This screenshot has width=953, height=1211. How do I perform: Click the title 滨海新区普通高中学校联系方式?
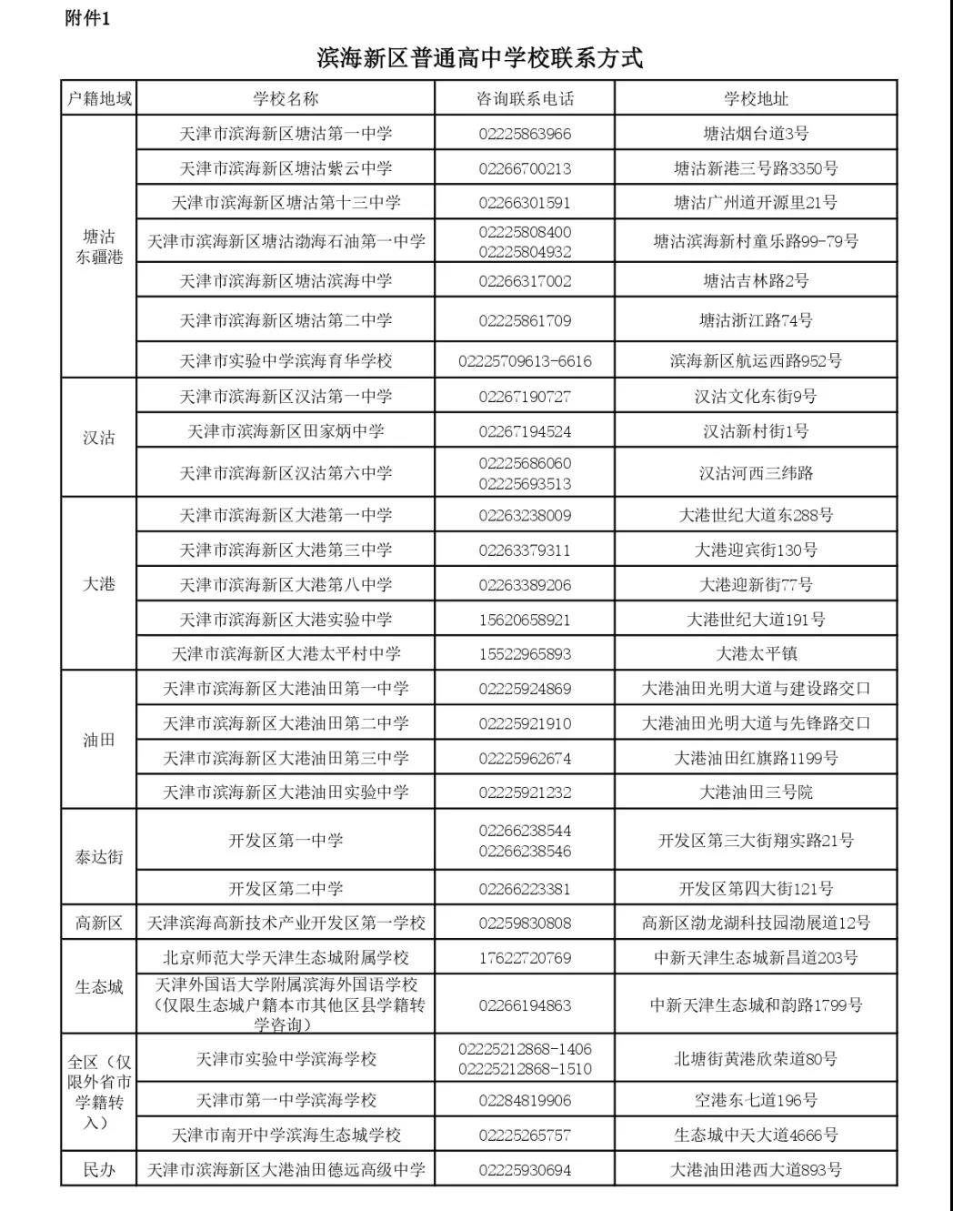[x=479, y=58]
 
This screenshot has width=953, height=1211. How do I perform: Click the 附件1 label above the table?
[x=87, y=18]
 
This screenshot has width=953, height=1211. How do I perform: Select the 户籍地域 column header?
[x=99, y=98]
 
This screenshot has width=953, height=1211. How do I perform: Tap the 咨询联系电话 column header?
[x=525, y=98]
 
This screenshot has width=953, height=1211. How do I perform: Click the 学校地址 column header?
[x=756, y=98]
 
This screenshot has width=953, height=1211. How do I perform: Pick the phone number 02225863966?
[x=525, y=134]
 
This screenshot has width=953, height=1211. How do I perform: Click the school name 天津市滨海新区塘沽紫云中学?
[x=286, y=168]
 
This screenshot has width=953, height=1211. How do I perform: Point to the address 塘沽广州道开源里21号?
[x=756, y=203]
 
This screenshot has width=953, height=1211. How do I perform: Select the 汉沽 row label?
[x=99, y=438]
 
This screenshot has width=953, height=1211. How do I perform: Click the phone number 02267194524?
[x=525, y=431]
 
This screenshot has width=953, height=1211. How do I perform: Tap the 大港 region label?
[x=99, y=584]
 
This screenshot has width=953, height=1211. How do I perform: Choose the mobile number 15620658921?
[x=525, y=620]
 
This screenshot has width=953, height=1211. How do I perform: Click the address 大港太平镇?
[x=756, y=653]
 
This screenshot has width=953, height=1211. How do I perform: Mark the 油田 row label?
[x=99, y=740]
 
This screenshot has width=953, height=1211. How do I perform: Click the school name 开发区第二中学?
[x=286, y=889]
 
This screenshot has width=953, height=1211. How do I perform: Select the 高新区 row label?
[x=99, y=923]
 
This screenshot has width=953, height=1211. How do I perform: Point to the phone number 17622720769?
[x=525, y=957]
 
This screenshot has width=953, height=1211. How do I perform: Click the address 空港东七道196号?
[x=756, y=1101]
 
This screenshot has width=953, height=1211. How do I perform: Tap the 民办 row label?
[x=99, y=1170]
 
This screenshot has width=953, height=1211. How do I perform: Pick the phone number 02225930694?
[x=525, y=1170]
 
